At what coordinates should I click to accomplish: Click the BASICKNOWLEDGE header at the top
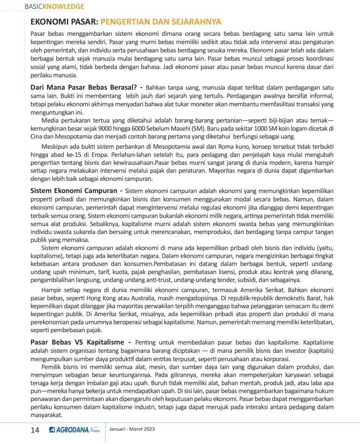click(54, 7)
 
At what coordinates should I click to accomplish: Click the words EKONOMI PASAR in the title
click(64, 22)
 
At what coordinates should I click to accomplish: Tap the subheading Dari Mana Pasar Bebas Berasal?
click(84, 87)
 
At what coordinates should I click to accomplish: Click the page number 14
click(35, 430)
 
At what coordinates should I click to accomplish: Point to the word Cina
click(37, 136)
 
